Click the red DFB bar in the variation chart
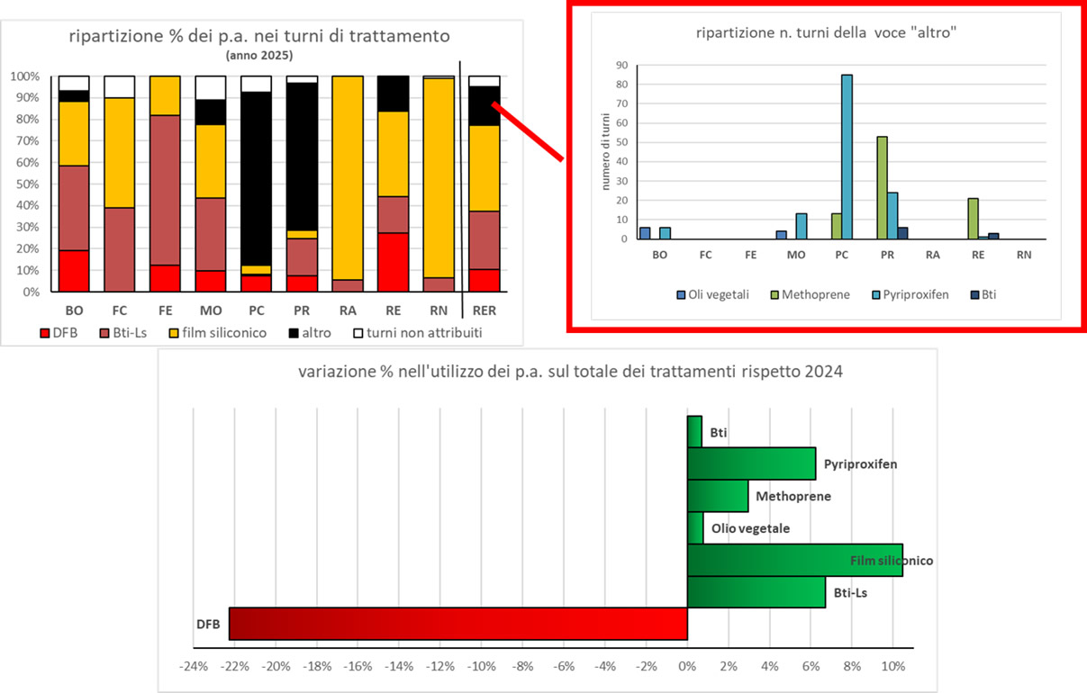pos(457,623)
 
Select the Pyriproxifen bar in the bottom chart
pos(751,463)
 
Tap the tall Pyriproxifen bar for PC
pos(847,157)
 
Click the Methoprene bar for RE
pos(972,219)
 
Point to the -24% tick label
pos(194,668)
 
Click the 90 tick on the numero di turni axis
pos(620,65)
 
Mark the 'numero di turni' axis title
pos(606,154)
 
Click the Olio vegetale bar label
pos(749,528)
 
